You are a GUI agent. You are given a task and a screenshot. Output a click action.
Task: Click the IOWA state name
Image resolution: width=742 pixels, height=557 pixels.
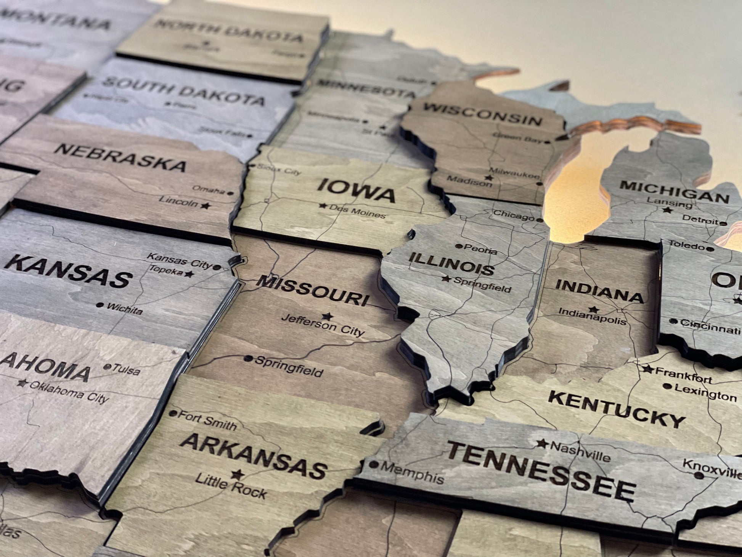[x=356, y=191]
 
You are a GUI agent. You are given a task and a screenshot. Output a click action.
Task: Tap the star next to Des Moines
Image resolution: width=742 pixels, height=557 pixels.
[x=323, y=206]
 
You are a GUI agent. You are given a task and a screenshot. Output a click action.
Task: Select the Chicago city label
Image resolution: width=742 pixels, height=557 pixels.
[x=514, y=216]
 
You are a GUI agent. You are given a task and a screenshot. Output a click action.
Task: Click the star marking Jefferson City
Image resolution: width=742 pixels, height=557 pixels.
[x=326, y=316]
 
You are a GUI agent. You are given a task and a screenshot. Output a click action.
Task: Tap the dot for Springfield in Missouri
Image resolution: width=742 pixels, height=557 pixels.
[x=248, y=359]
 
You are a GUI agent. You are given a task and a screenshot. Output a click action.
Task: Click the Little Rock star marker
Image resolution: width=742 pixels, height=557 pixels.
[x=238, y=475]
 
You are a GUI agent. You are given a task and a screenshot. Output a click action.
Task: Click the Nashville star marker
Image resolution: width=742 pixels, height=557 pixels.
[x=542, y=444]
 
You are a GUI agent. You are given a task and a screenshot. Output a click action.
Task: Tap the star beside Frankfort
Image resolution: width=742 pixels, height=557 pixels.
[x=647, y=369]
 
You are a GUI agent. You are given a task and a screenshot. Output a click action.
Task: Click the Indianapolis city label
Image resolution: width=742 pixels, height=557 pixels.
[x=592, y=316]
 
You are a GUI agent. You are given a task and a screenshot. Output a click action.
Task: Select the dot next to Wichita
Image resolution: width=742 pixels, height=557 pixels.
[x=100, y=305]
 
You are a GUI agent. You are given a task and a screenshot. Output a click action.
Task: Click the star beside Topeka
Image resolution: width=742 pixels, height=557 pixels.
[x=189, y=274]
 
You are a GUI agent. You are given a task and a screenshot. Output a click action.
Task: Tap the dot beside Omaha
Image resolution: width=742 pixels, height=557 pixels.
[x=230, y=193]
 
